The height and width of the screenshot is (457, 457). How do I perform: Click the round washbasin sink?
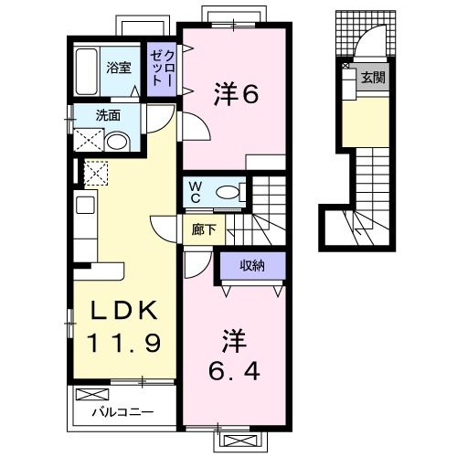click(x=117, y=142)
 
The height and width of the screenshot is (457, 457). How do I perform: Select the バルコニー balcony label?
click(x=122, y=411)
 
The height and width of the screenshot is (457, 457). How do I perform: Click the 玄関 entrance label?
click(x=372, y=77)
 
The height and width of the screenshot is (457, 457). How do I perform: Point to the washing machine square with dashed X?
click(x=95, y=174)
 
